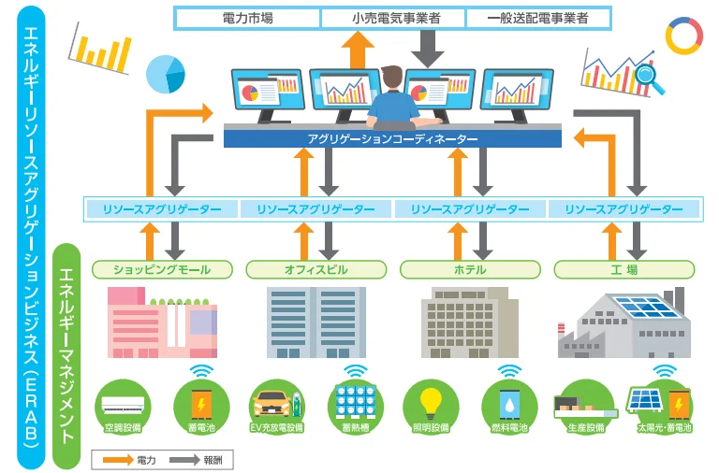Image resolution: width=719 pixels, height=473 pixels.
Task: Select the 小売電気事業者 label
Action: pos(392,18)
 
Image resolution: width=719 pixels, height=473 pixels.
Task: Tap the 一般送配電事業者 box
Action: pos(537,18)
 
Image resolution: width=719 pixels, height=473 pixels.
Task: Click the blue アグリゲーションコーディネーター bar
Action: pos(392,138)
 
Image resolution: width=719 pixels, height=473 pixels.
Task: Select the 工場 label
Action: pos(624,270)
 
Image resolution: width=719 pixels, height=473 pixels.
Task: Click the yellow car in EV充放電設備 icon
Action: pos(272,403)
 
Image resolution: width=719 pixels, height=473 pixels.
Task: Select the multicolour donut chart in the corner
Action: pos(683,36)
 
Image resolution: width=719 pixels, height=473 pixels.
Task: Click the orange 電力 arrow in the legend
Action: pos(116,460)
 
